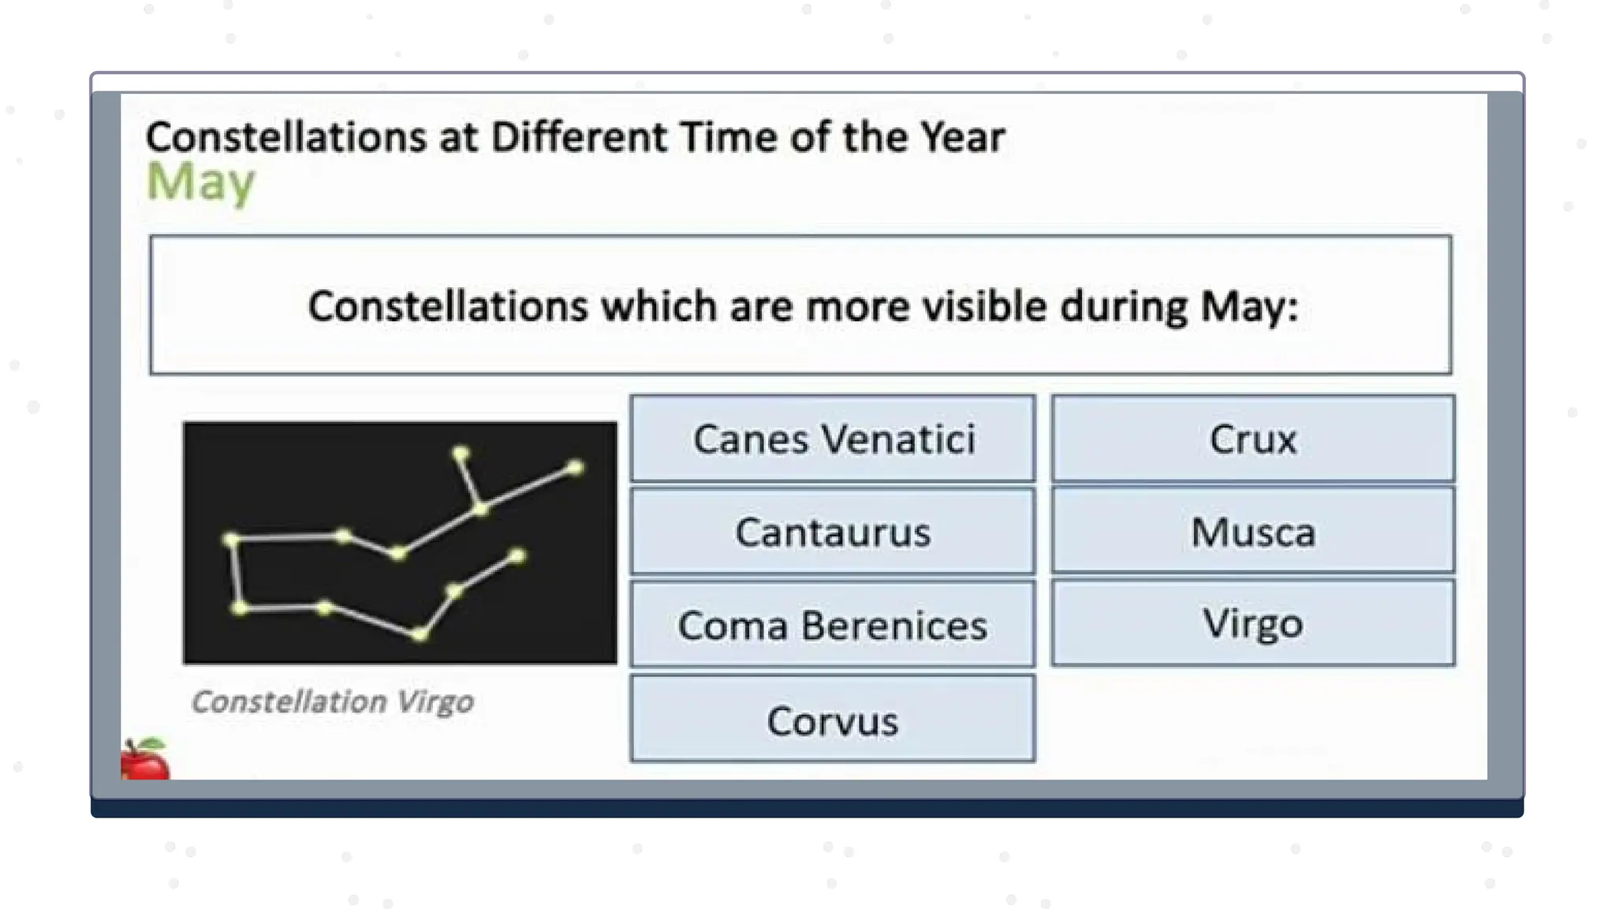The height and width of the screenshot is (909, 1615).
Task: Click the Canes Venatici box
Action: click(x=833, y=439)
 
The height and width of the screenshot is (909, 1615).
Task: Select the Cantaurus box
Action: click(x=833, y=531)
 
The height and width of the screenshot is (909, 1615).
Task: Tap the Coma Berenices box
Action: click(x=833, y=625)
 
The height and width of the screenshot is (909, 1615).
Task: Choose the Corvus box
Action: click(x=833, y=720)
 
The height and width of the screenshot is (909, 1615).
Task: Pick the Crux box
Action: click(x=1252, y=439)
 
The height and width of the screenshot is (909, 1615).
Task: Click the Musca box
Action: click(x=1252, y=531)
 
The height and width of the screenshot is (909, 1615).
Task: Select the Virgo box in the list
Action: click(x=1252, y=623)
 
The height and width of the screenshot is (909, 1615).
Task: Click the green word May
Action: click(x=201, y=181)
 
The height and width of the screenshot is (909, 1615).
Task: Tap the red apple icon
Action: click(x=144, y=759)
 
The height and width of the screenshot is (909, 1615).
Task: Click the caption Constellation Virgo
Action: click(x=332, y=701)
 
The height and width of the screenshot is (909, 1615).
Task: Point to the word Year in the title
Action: click(x=962, y=137)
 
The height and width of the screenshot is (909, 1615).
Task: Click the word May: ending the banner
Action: click(x=1249, y=306)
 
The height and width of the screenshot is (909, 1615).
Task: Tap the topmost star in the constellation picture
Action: click(x=461, y=453)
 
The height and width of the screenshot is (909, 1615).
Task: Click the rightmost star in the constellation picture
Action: click(x=576, y=468)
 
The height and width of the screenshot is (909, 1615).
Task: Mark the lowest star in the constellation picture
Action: click(x=420, y=633)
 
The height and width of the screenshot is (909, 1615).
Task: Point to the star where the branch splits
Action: click(x=480, y=508)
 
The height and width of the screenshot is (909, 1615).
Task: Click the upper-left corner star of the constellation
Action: click(x=231, y=540)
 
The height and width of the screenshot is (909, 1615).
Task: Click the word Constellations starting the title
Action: click(x=286, y=137)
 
